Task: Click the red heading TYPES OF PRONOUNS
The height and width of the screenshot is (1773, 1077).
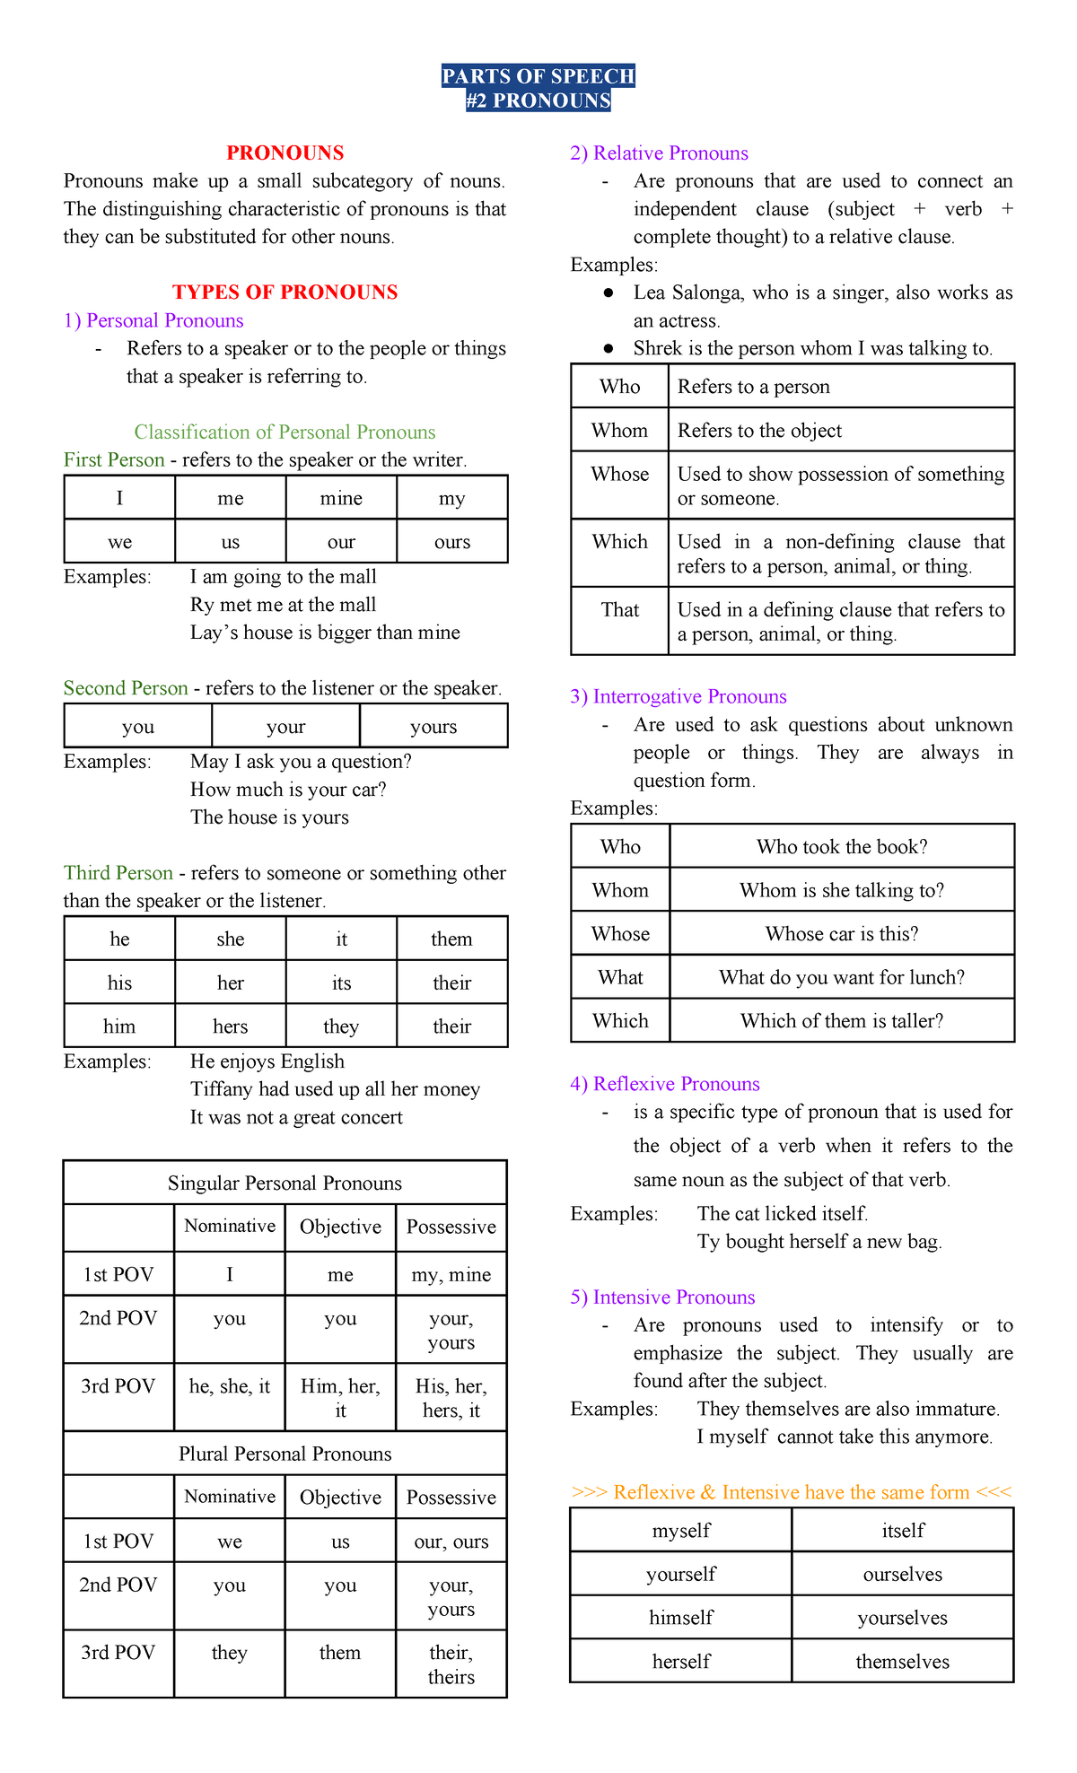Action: click(x=285, y=293)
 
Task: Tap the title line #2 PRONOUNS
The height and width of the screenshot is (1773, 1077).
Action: click(x=538, y=100)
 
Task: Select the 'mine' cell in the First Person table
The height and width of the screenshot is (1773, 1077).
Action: click(x=341, y=499)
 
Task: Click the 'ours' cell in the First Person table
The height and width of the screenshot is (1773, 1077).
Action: click(x=451, y=542)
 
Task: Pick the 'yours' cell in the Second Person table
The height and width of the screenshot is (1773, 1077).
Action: click(x=433, y=727)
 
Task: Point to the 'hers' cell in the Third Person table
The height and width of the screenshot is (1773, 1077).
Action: click(x=231, y=1026)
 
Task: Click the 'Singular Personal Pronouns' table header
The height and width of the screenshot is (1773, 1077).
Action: click(x=285, y=1183)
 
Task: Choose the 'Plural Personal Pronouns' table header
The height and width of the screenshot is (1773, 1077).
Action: click(x=285, y=1454)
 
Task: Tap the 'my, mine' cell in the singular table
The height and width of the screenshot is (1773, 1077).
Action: click(x=451, y=1275)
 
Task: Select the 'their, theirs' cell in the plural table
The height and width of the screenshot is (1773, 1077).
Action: click(x=451, y=1664)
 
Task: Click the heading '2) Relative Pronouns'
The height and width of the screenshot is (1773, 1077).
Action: click(x=659, y=153)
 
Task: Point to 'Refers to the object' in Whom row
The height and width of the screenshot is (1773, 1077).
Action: click(x=759, y=431)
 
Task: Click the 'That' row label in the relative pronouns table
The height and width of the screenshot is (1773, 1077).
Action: click(x=620, y=610)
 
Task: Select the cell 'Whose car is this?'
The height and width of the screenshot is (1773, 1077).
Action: click(x=842, y=934)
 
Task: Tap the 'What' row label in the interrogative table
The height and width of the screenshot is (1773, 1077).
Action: click(x=620, y=978)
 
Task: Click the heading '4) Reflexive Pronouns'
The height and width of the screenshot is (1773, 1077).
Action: click(x=664, y=1084)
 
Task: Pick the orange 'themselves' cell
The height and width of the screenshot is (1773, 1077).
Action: click(x=902, y=1662)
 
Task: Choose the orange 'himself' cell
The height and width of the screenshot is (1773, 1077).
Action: click(x=681, y=1618)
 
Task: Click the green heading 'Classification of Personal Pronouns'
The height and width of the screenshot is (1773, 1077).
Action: click(x=285, y=432)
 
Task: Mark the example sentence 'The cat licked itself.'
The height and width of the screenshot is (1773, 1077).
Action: click(x=783, y=1214)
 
